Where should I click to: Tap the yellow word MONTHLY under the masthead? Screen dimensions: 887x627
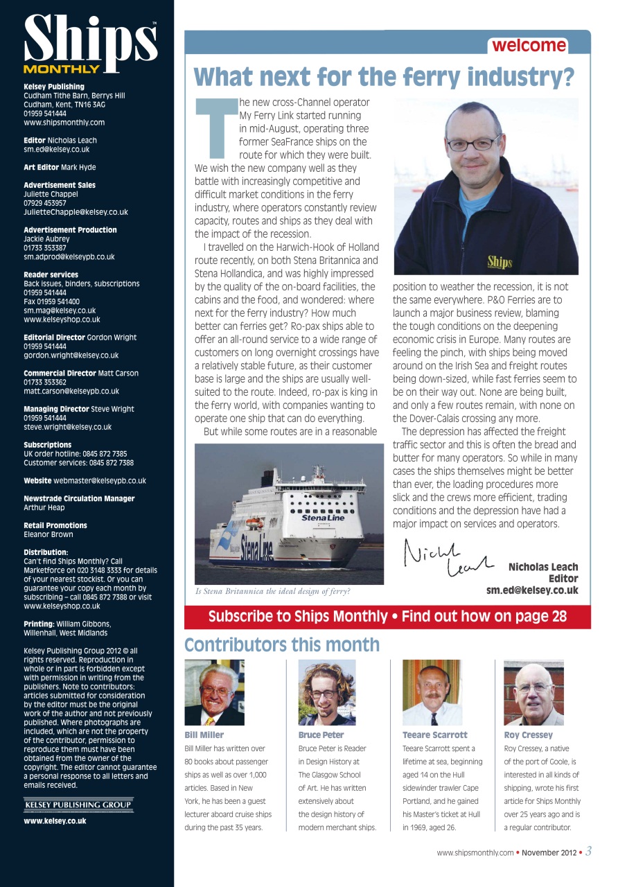pos(61,69)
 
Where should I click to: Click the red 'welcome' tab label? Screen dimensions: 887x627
pos(529,46)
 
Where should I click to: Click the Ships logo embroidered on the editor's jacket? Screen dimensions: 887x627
pos(500,262)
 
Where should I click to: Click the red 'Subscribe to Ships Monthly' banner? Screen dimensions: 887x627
pos(387,616)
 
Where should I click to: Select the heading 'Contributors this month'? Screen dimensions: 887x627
pos(282,645)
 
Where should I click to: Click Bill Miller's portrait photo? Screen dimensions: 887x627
pos(214,692)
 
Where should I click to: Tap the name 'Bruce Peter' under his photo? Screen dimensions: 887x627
pos(321,735)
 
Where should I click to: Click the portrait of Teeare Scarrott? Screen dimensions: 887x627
pos(432,692)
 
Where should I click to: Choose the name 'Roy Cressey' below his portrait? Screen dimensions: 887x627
pos(528,735)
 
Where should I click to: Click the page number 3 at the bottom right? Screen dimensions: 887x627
pos(588,852)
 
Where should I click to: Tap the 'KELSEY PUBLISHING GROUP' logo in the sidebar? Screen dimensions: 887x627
pos(78,805)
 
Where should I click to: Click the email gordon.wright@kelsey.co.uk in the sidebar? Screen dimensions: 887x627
pos(71,355)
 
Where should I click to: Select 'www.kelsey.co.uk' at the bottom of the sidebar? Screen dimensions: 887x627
pos(55,820)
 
